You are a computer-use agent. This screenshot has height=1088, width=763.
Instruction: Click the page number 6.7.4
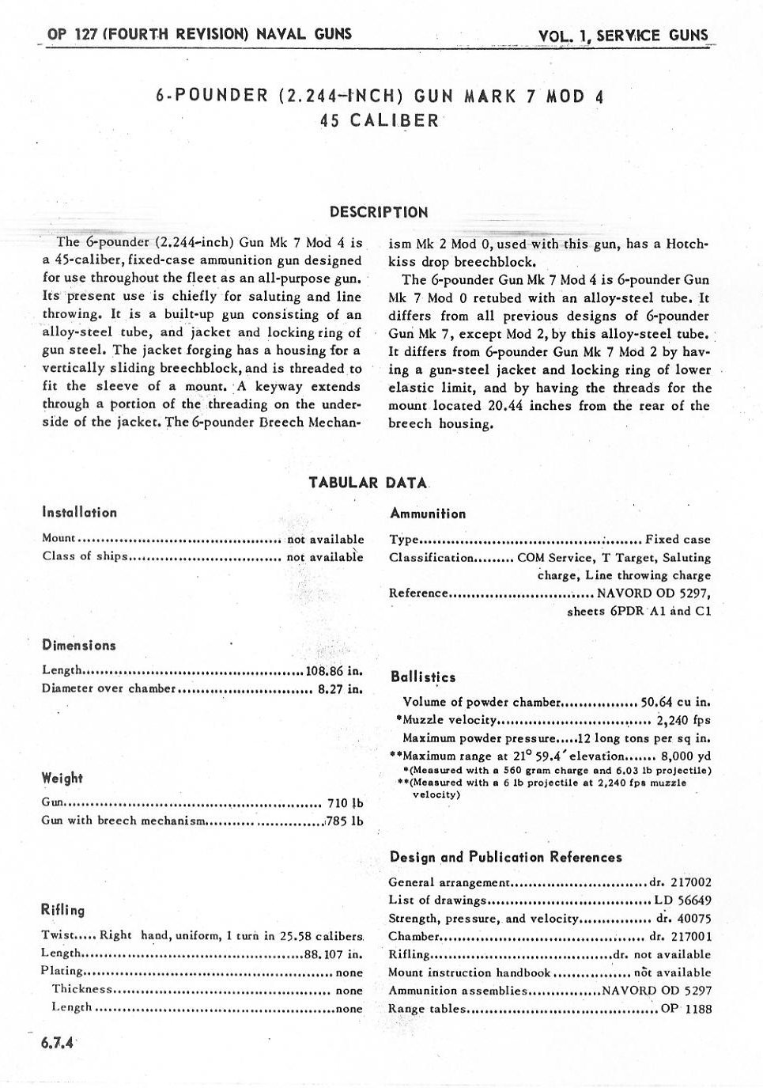click(57, 1043)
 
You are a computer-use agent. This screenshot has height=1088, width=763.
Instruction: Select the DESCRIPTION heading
click(379, 212)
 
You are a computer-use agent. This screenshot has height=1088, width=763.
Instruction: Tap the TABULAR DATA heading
click(368, 483)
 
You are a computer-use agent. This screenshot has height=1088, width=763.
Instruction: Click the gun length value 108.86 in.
click(334, 671)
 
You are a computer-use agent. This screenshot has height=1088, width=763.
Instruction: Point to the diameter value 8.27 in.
click(341, 688)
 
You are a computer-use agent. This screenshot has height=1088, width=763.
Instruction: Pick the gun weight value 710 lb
click(346, 803)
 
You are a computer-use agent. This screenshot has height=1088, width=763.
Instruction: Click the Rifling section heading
click(62, 910)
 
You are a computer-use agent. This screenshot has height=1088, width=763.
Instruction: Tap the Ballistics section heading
click(423, 677)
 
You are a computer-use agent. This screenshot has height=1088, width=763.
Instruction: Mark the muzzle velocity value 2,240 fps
click(683, 720)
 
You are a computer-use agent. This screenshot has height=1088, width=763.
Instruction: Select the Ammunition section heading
click(428, 514)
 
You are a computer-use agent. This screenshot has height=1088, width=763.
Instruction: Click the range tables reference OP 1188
click(686, 1009)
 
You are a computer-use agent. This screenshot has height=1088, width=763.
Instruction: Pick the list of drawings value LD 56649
click(682, 900)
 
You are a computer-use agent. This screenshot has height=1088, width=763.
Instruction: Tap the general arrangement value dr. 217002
click(681, 882)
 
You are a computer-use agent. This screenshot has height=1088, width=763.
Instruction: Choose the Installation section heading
click(79, 513)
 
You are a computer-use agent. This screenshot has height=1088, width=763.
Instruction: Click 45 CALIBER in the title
click(380, 121)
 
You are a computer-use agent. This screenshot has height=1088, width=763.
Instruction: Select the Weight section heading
click(62, 779)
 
